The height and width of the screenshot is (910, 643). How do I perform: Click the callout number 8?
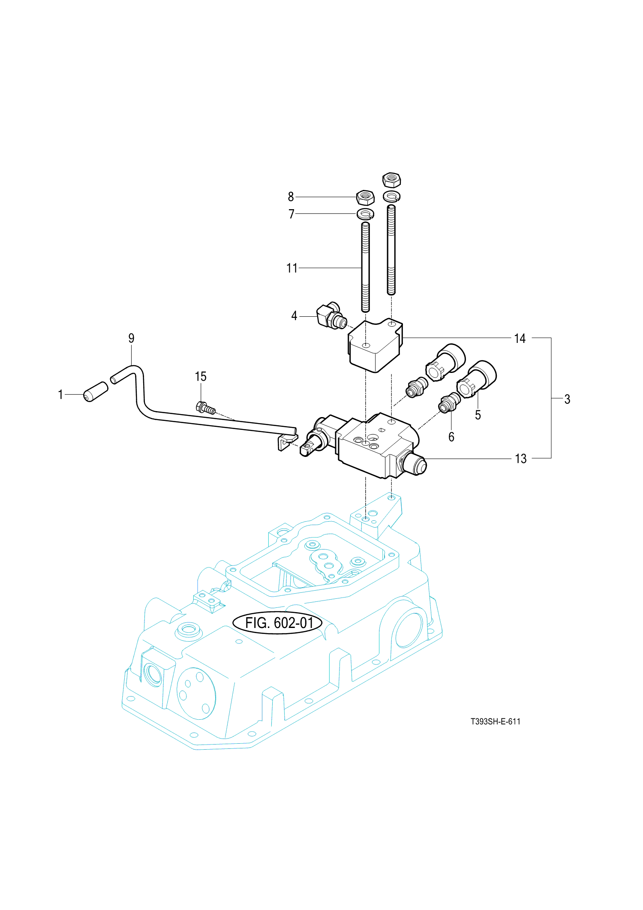click(291, 197)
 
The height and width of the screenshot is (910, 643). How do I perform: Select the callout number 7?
click(291, 213)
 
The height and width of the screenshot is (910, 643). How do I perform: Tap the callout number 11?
click(292, 268)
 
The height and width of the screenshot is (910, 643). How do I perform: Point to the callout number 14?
click(520, 339)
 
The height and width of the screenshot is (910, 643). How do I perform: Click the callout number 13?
click(520, 459)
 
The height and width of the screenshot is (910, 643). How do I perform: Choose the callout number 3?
click(567, 399)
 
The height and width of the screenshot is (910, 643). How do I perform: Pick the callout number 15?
click(201, 376)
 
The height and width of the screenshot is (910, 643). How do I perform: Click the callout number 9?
click(131, 338)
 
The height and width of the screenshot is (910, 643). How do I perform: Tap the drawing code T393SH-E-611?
click(495, 721)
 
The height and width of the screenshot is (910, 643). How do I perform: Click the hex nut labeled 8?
click(366, 197)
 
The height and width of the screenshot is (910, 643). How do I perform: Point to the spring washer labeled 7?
click(365, 213)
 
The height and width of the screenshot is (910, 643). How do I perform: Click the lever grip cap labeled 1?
click(96, 391)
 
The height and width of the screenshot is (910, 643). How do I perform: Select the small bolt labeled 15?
click(205, 408)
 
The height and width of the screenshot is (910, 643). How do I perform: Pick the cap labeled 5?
click(477, 378)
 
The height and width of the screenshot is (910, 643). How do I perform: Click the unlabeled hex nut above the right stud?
click(391, 180)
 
